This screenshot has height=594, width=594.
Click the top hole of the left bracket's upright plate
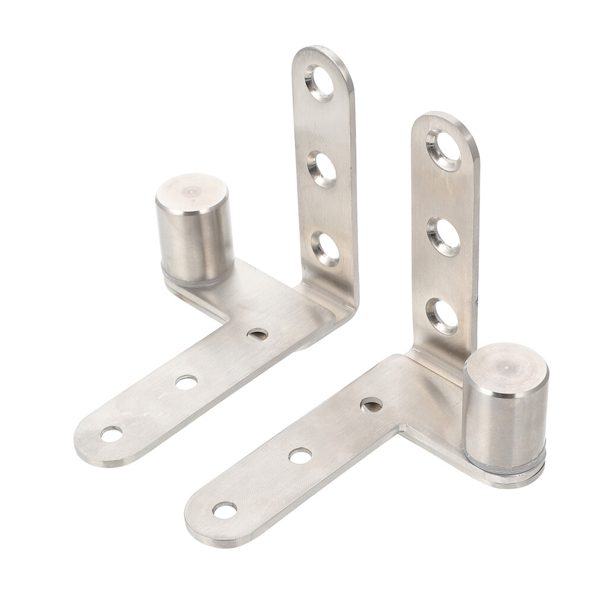320,83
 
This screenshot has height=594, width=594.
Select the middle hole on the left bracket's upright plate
322,169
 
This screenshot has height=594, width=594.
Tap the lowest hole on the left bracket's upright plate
325,249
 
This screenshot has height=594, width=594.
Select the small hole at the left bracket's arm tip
111,434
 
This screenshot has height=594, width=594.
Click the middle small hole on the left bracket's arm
186,382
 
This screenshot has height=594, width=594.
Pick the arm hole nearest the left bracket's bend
257,334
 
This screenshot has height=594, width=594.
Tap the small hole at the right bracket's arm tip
225,510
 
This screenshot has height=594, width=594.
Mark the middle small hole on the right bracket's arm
300,456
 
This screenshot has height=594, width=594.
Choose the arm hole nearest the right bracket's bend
371,405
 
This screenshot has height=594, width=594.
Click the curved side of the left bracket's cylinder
195,244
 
